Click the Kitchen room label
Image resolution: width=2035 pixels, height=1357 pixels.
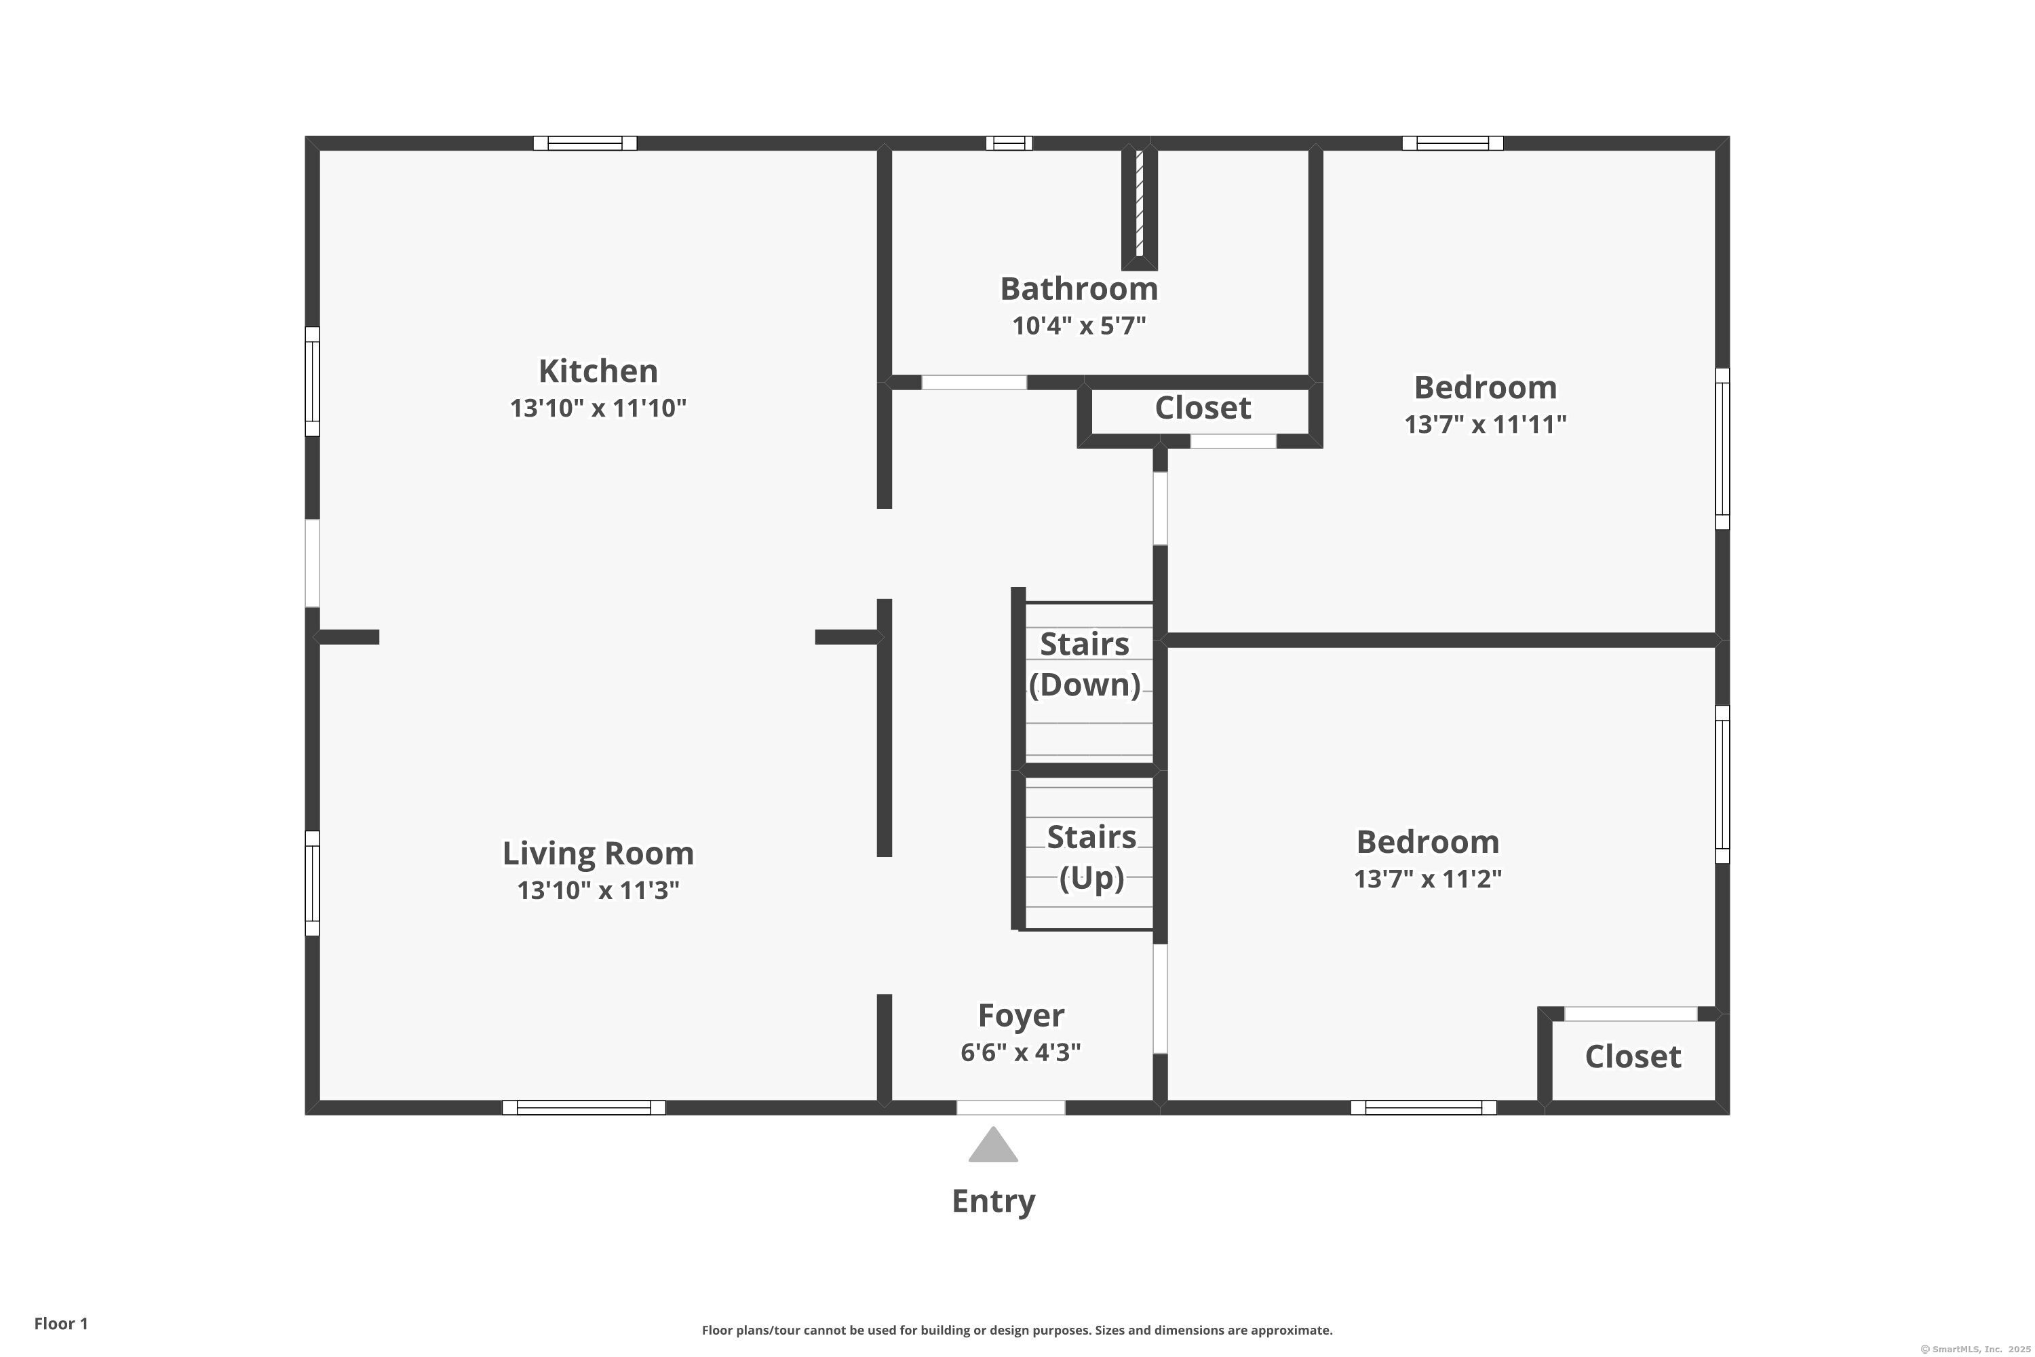pyautogui.click(x=598, y=371)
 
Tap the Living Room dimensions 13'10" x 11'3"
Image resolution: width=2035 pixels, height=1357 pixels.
pyautogui.click(x=598, y=890)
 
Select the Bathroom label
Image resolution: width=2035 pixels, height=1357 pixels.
pyautogui.click(x=1079, y=289)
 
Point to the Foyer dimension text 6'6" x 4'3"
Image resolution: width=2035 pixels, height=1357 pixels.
pyautogui.click(x=1020, y=1052)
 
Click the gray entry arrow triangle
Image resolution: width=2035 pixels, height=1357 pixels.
pyautogui.click(x=992, y=1147)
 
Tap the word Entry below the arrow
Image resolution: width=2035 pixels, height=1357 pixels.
pyautogui.click(x=992, y=1201)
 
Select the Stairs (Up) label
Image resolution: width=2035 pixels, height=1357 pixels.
pyautogui.click(x=1091, y=858)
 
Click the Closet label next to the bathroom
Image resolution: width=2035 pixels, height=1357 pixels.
pyautogui.click(x=1203, y=408)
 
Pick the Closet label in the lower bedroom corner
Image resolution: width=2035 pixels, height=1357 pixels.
pyautogui.click(x=1633, y=1056)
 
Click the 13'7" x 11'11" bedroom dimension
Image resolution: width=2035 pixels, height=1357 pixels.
pyautogui.click(x=1485, y=424)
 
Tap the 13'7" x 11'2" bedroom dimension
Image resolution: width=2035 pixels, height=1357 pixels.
pyautogui.click(x=1428, y=879)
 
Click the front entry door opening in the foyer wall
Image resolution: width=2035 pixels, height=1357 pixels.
pyautogui.click(x=1010, y=1108)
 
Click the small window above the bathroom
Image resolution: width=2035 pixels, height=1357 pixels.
pyautogui.click(x=1009, y=142)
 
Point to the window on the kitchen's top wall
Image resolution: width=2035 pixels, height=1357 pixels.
pyautogui.click(x=585, y=142)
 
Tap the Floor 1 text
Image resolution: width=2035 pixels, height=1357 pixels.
pyautogui.click(x=60, y=1323)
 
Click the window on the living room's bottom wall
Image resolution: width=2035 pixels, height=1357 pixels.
pyautogui.click(x=583, y=1108)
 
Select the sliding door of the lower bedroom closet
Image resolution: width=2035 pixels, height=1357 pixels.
pyautogui.click(x=1630, y=1014)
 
